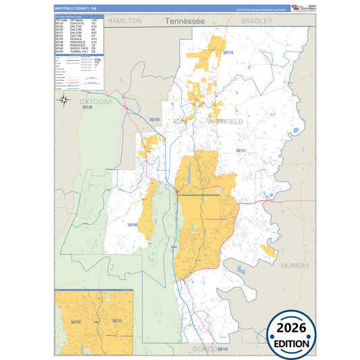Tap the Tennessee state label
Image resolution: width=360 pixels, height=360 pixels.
(x=184, y=22)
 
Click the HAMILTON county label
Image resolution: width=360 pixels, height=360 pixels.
(x=124, y=21)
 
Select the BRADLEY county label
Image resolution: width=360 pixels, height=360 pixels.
(x=256, y=21)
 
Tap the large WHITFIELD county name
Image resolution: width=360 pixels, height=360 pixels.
(x=226, y=121)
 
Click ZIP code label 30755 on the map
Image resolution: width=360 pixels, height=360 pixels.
(x=154, y=120)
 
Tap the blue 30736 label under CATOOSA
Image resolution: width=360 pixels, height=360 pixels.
(x=86, y=107)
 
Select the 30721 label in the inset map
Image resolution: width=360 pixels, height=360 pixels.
(x=116, y=321)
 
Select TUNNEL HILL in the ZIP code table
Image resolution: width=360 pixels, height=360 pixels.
(x=78, y=51)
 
